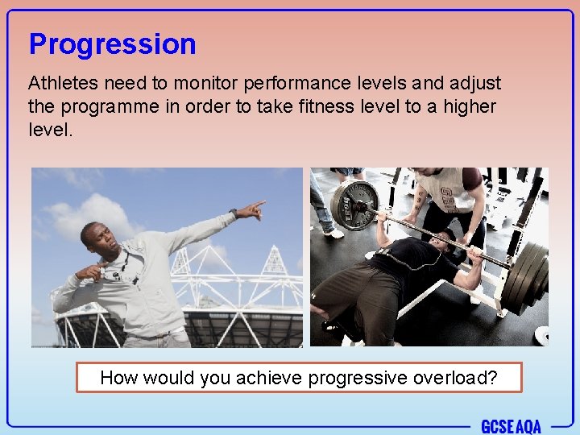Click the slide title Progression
pyautogui.click(x=112, y=44)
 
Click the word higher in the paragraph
pyautogui.click(x=469, y=106)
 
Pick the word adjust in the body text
pyautogui.click(x=475, y=84)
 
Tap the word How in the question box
pyautogui.click(x=118, y=378)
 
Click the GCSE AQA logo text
pyautogui.click(x=512, y=425)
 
